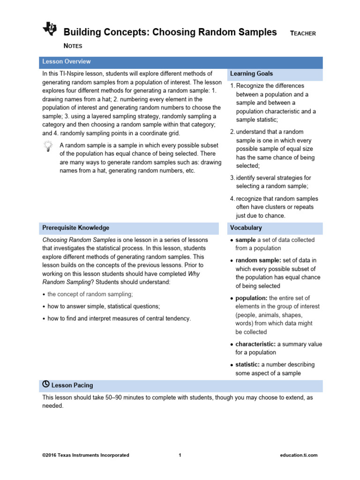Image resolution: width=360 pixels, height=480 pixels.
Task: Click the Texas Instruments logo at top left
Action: (x=49, y=29)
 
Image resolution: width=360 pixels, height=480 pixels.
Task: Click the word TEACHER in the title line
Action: (x=303, y=33)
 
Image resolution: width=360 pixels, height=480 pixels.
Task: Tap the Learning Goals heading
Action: (x=251, y=74)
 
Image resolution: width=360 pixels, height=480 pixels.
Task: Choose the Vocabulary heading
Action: (x=246, y=228)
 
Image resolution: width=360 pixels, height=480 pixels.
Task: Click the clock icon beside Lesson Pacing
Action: (x=46, y=384)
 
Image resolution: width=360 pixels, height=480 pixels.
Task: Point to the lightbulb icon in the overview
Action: (x=47, y=147)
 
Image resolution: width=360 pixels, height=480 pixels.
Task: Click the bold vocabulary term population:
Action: (x=251, y=298)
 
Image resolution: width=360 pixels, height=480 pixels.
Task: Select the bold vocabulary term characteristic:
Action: (x=255, y=344)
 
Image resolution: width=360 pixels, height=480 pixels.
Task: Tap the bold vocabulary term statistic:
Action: (x=247, y=365)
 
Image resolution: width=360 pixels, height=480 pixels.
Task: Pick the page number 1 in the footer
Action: (x=180, y=455)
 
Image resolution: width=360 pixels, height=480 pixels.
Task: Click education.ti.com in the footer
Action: (x=299, y=455)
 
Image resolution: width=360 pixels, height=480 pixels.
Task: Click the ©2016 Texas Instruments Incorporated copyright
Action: (x=86, y=455)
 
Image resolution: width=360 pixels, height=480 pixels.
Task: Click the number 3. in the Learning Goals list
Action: (x=232, y=178)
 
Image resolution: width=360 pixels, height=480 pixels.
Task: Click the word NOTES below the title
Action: (x=73, y=46)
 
